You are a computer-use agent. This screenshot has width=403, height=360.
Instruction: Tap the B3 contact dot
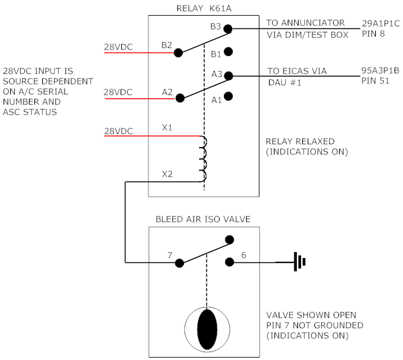pos(229,28)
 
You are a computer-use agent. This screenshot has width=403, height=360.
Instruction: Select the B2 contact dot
pos(178,53)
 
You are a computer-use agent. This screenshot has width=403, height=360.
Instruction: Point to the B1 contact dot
pos(229,52)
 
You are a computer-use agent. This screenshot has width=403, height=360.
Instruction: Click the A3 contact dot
pos(229,76)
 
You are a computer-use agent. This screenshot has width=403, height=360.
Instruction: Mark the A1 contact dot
pos(229,96)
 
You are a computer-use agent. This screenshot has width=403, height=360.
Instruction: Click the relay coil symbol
pos(203,159)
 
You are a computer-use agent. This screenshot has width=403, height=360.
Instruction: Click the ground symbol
pos(300,262)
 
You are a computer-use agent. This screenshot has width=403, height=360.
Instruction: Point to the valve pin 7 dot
pos(179,263)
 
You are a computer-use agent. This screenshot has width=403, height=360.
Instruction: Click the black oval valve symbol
pos(206,329)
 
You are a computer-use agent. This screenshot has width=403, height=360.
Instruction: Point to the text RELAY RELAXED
pos(300,142)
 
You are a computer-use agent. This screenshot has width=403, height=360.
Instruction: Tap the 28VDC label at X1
pos(118,130)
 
